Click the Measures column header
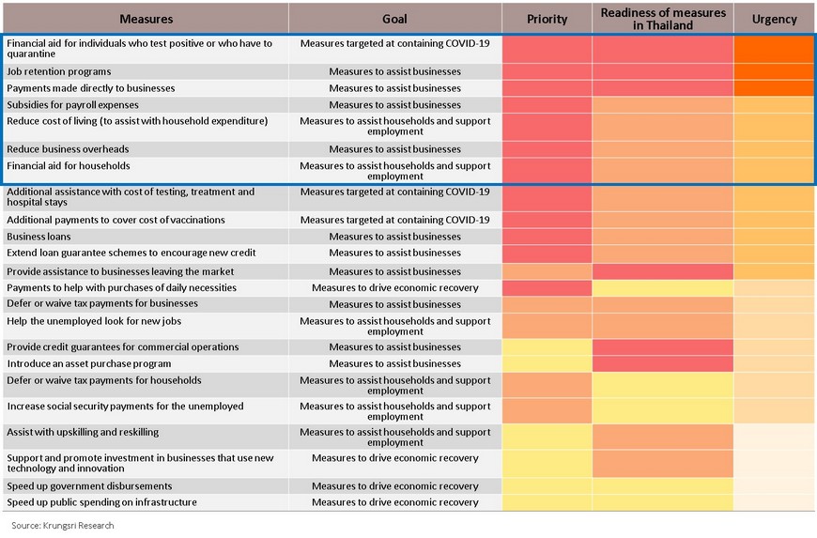[146, 19]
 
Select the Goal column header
[394, 19]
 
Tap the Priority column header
[547, 19]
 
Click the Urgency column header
[775, 19]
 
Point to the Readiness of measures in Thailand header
[663, 19]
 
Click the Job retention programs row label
[59, 71]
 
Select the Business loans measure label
[39, 237]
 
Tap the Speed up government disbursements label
[89, 486]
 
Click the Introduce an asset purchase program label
[88, 363]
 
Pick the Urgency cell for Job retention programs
[775, 71]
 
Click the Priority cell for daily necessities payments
[547, 287]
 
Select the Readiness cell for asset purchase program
[663, 363]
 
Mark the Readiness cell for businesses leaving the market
[663, 271]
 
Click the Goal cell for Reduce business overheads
[395, 149]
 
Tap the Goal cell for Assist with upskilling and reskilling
[395, 437]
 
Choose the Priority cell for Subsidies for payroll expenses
[547, 104]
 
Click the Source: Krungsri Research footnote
[63, 526]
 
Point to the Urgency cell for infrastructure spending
[775, 502]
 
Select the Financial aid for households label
[69, 165]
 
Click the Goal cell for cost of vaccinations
[395, 220]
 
